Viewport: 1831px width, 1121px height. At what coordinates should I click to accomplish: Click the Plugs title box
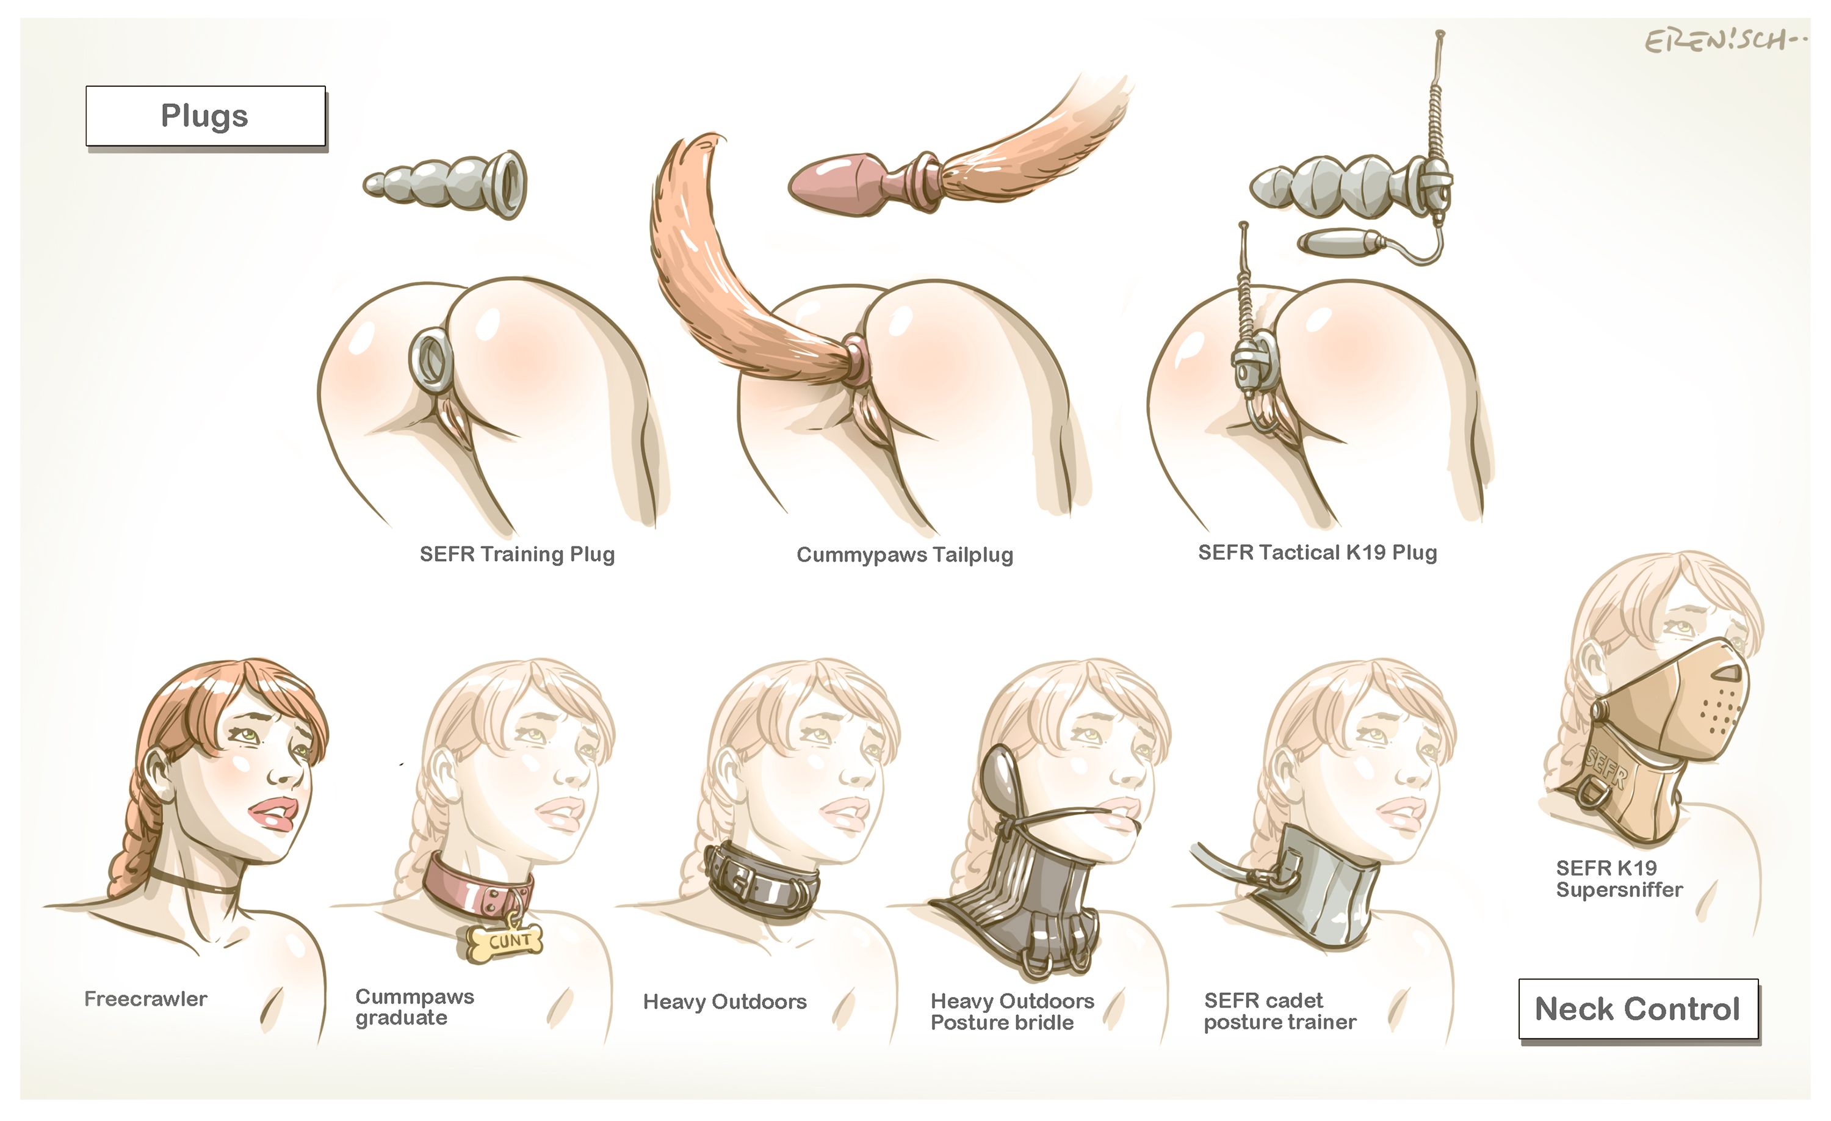pos(206,116)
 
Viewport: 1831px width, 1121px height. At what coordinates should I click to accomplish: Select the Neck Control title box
pos(1639,1009)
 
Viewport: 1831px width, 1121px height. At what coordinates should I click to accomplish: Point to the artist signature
pos(1725,40)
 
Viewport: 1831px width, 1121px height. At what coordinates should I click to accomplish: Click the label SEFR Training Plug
pos(517,554)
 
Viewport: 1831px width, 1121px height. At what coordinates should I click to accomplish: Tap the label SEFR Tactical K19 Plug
pos(1318,553)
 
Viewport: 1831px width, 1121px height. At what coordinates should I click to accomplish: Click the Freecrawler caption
pos(146,998)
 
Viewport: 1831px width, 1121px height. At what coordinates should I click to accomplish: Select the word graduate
pos(401,1018)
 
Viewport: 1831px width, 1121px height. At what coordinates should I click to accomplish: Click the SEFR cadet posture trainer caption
pos(1280,1011)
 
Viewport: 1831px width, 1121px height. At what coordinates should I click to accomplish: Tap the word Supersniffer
pos(1619,890)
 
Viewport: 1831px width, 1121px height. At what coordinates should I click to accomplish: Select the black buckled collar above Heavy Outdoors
pos(761,882)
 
